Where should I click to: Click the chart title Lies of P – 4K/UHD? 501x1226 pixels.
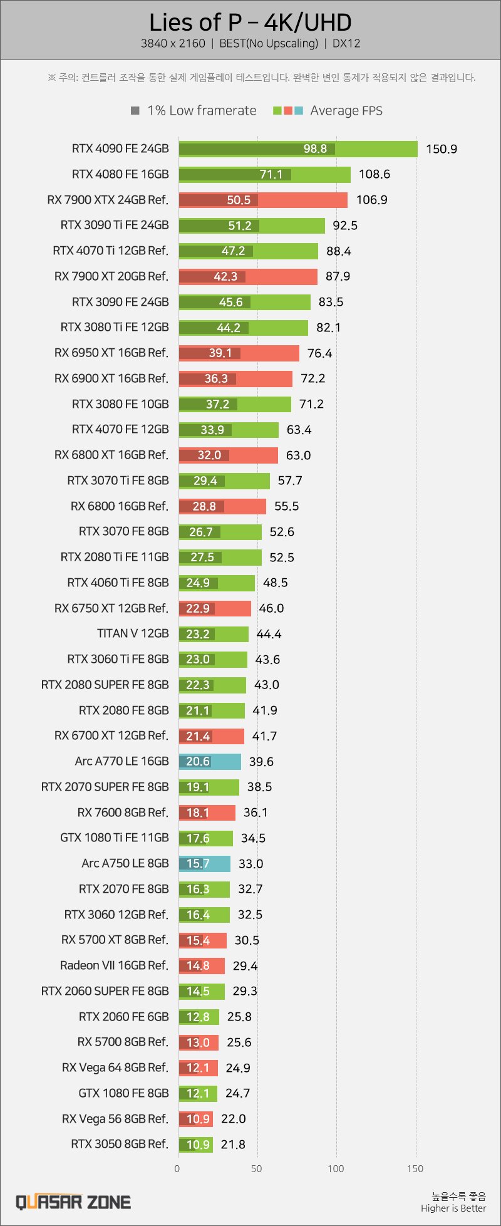tap(250, 23)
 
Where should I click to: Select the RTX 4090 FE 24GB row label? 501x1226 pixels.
tap(120, 148)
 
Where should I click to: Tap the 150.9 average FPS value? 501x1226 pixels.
tap(442, 149)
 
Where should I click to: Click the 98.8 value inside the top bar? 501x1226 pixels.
tap(315, 148)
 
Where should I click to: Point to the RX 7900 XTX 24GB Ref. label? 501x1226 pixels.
tap(108, 200)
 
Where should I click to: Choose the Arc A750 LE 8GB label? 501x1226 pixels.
tap(125, 863)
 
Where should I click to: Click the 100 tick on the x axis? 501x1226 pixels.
tap(336, 1168)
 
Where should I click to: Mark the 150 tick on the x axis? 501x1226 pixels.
tap(415, 1168)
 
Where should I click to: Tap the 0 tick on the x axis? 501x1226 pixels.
tap(177, 1168)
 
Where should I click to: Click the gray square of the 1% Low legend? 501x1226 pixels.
tap(135, 111)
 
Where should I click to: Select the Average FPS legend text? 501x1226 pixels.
tap(346, 111)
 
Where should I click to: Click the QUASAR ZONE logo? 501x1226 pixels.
tap(73, 1202)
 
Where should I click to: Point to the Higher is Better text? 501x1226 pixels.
tap(453, 1208)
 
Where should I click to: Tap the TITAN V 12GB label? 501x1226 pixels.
tap(133, 633)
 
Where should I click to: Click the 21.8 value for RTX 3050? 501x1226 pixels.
tap(233, 1145)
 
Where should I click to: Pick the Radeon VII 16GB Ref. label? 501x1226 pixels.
tap(114, 965)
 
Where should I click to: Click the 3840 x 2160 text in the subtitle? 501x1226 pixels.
tap(173, 44)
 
